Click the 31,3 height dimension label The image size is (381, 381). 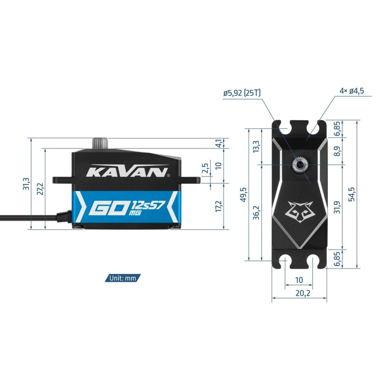(x=26, y=184)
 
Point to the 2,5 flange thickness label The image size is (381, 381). (x=205, y=168)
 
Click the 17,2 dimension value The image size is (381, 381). (x=219, y=206)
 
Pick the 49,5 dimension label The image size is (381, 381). (x=243, y=194)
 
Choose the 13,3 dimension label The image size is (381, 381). (x=256, y=147)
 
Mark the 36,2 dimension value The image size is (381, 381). (x=256, y=213)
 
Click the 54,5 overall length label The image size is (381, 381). (x=351, y=194)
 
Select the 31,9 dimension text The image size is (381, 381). (x=337, y=207)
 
